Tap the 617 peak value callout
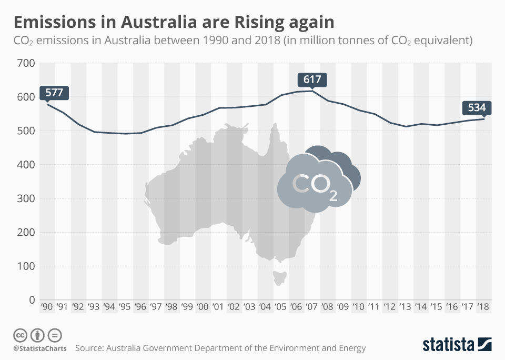coord(312,80)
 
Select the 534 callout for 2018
coord(477,108)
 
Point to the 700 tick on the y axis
coord(25,63)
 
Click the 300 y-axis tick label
coord(25,198)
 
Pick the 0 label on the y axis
coord(31,300)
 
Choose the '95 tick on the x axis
coord(125,307)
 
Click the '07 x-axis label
coord(312,307)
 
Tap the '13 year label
coord(406,307)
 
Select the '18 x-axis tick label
coord(483,307)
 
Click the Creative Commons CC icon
coord(21,335)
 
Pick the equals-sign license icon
coord(55,335)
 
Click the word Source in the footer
coord(90,348)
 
